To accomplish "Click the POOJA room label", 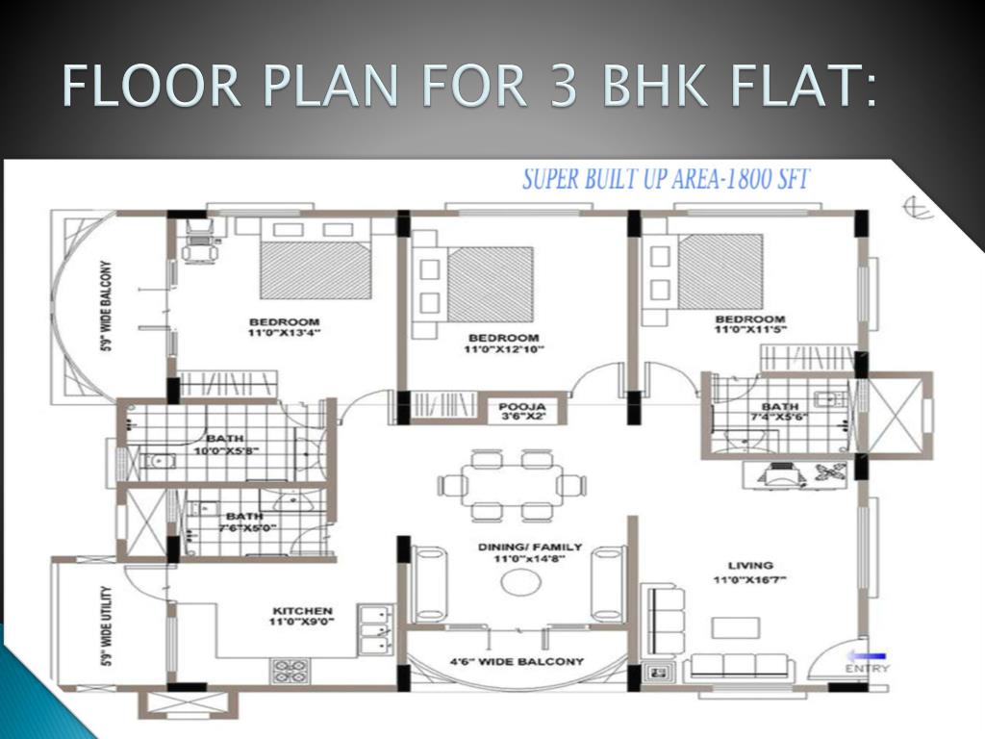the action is coord(522,406).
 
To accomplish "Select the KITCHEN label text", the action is coord(303,611).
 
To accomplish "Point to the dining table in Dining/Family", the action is coord(512,485).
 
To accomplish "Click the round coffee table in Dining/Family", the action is coord(521,582).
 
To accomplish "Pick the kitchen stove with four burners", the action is coord(290,671).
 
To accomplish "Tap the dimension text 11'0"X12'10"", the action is coord(504,348).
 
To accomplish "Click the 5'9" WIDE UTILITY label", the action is coord(107,625).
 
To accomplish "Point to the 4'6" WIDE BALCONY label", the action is coord(517,661).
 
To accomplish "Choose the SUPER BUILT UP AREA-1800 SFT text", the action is coord(666,179).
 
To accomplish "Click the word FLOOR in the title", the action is coord(151,86).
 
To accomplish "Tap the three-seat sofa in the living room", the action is coord(739,666).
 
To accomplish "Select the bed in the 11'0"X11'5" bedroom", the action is coord(720,271).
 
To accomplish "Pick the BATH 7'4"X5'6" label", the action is coord(779,412).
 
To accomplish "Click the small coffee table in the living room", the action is coord(736,627).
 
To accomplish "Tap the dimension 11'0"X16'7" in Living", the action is coord(750,580).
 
